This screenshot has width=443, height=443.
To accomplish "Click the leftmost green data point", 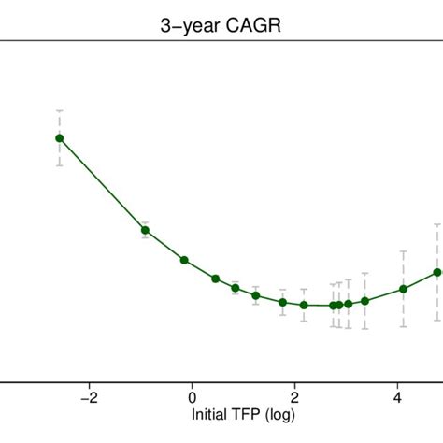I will [59, 138].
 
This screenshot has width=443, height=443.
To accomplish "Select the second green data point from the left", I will [145, 230].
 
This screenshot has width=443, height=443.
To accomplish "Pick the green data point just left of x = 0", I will [184, 260].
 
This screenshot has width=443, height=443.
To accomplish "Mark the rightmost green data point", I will [437, 272].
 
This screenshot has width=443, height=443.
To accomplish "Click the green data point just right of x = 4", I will [404, 289].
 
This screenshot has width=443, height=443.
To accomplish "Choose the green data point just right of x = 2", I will [304, 305].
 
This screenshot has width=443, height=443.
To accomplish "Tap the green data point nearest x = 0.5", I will [216, 279].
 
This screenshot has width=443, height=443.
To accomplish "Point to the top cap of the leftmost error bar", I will [59, 110].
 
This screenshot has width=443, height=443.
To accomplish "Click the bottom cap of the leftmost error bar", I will [59, 165].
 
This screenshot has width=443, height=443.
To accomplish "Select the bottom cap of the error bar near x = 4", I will [404, 326].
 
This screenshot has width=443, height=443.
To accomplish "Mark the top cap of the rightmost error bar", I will [437, 224].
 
